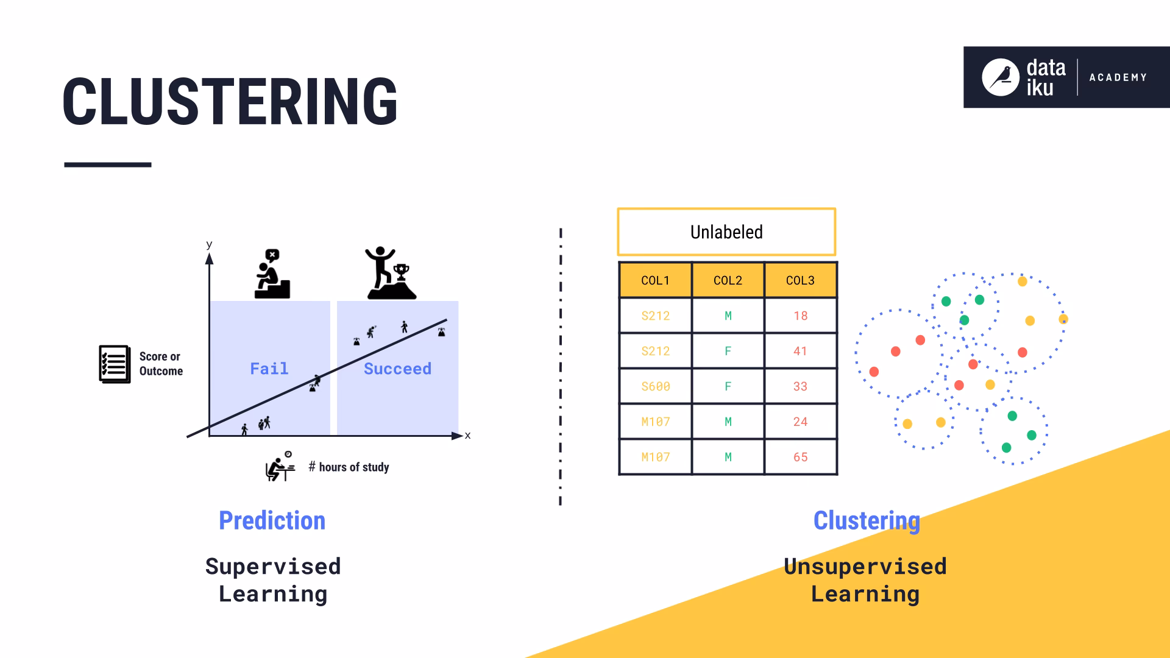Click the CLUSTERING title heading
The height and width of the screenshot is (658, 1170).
[230, 102]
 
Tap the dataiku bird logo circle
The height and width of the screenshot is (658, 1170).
[1000, 77]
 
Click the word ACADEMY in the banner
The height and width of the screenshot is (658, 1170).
[1118, 77]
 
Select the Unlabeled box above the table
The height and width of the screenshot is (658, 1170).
[726, 232]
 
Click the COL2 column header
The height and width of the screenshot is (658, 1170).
[728, 280]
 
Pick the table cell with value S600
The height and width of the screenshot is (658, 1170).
[655, 386]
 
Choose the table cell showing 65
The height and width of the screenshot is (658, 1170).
[800, 457]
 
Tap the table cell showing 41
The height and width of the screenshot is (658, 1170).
[800, 351]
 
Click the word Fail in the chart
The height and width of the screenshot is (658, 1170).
[269, 369]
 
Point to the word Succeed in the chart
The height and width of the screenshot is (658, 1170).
[397, 369]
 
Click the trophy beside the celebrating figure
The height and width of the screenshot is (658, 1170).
[401, 272]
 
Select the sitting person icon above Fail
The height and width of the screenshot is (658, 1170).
[272, 274]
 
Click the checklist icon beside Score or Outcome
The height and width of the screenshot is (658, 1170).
[115, 364]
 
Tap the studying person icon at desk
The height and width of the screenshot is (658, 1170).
[280, 467]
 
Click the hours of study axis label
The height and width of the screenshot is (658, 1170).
[349, 467]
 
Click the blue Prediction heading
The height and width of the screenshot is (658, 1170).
[272, 521]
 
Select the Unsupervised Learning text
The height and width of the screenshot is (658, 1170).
[865, 580]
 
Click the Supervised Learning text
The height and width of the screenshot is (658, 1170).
[272, 580]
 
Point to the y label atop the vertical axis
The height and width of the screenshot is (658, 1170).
[209, 244]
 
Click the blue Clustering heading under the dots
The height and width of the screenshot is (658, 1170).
[866, 521]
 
